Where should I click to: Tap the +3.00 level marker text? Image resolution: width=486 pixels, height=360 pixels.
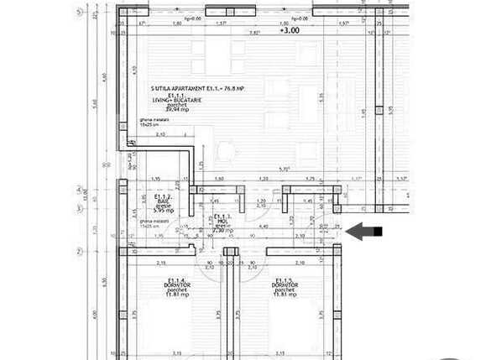[x=290, y=31]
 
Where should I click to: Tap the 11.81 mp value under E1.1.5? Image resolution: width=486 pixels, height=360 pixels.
[x=286, y=295]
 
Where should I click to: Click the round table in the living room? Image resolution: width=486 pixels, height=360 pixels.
[x=226, y=152]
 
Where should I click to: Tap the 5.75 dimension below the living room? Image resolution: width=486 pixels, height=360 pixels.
[x=285, y=170]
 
